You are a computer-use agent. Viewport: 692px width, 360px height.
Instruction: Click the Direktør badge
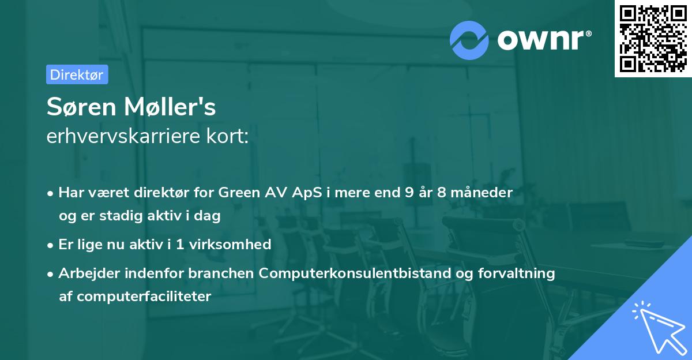[77, 74]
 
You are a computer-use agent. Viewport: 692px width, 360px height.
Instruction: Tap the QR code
[653, 39]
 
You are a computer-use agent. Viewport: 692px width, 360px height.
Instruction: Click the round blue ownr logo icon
[469, 40]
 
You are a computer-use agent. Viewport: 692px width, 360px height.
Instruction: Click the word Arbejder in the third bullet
[85, 273]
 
